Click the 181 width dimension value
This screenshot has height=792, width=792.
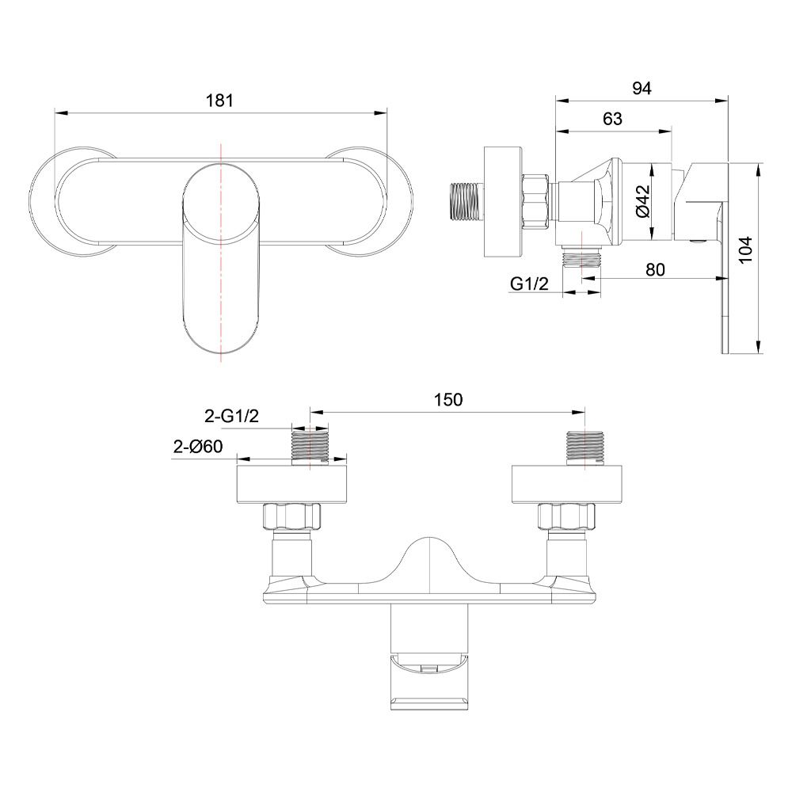click(x=219, y=101)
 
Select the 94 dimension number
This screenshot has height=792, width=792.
click(x=642, y=89)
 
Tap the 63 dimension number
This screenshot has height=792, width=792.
click(x=612, y=120)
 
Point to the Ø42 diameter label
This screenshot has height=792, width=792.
click(x=642, y=201)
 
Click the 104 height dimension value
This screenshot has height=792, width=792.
click(x=745, y=249)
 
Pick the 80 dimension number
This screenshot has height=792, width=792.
click(x=655, y=270)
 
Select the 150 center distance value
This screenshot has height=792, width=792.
click(x=448, y=400)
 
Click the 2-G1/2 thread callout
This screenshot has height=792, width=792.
click(x=231, y=417)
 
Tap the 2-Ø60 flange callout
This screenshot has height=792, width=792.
click(x=197, y=447)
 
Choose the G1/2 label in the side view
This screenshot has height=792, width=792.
click(x=529, y=284)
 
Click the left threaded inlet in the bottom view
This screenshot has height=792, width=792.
click(x=310, y=448)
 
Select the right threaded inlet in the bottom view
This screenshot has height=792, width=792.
click(x=585, y=448)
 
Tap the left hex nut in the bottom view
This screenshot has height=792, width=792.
click(x=292, y=516)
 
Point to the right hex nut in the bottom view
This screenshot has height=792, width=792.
click(x=566, y=516)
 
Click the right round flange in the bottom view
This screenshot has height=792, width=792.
click(x=567, y=485)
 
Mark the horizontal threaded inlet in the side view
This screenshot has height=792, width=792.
click(x=466, y=202)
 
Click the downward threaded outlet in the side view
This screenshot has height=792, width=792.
click(x=582, y=257)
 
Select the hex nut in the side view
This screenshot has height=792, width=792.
click(x=535, y=203)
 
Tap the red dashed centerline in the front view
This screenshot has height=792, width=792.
click(x=221, y=253)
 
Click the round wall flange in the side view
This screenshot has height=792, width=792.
click(x=503, y=202)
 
